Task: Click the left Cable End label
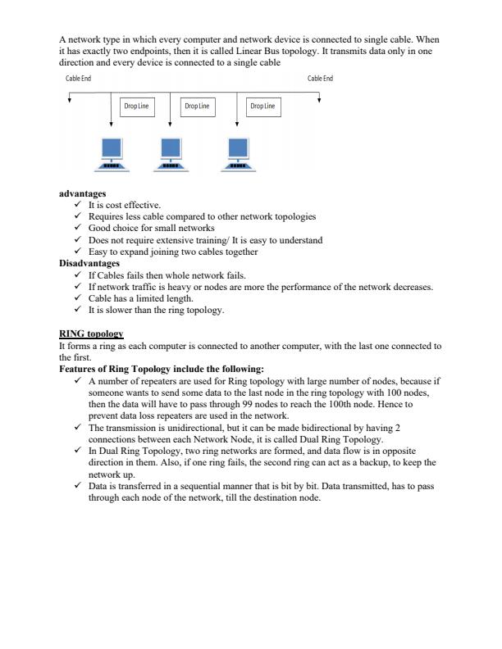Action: pyautogui.click(x=79, y=79)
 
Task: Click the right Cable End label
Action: pyautogui.click(x=320, y=79)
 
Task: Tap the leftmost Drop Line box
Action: pyautogui.click(x=135, y=106)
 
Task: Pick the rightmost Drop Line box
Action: pyautogui.click(x=262, y=106)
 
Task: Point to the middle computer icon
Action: pyautogui.click(x=170, y=155)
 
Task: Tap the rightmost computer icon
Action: pyautogui.click(x=238, y=155)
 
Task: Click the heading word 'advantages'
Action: pyautogui.click(x=82, y=194)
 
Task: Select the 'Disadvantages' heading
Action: pyautogui.click(x=89, y=264)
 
